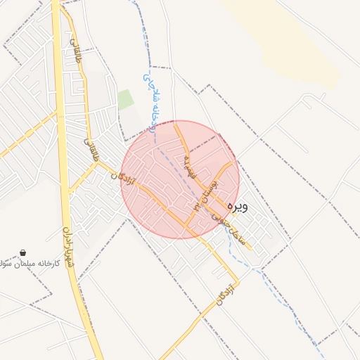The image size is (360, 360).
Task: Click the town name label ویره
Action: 237,207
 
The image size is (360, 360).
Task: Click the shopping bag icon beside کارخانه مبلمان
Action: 23,253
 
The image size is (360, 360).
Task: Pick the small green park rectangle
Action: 125,100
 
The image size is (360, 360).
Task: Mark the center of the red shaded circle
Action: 180,179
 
